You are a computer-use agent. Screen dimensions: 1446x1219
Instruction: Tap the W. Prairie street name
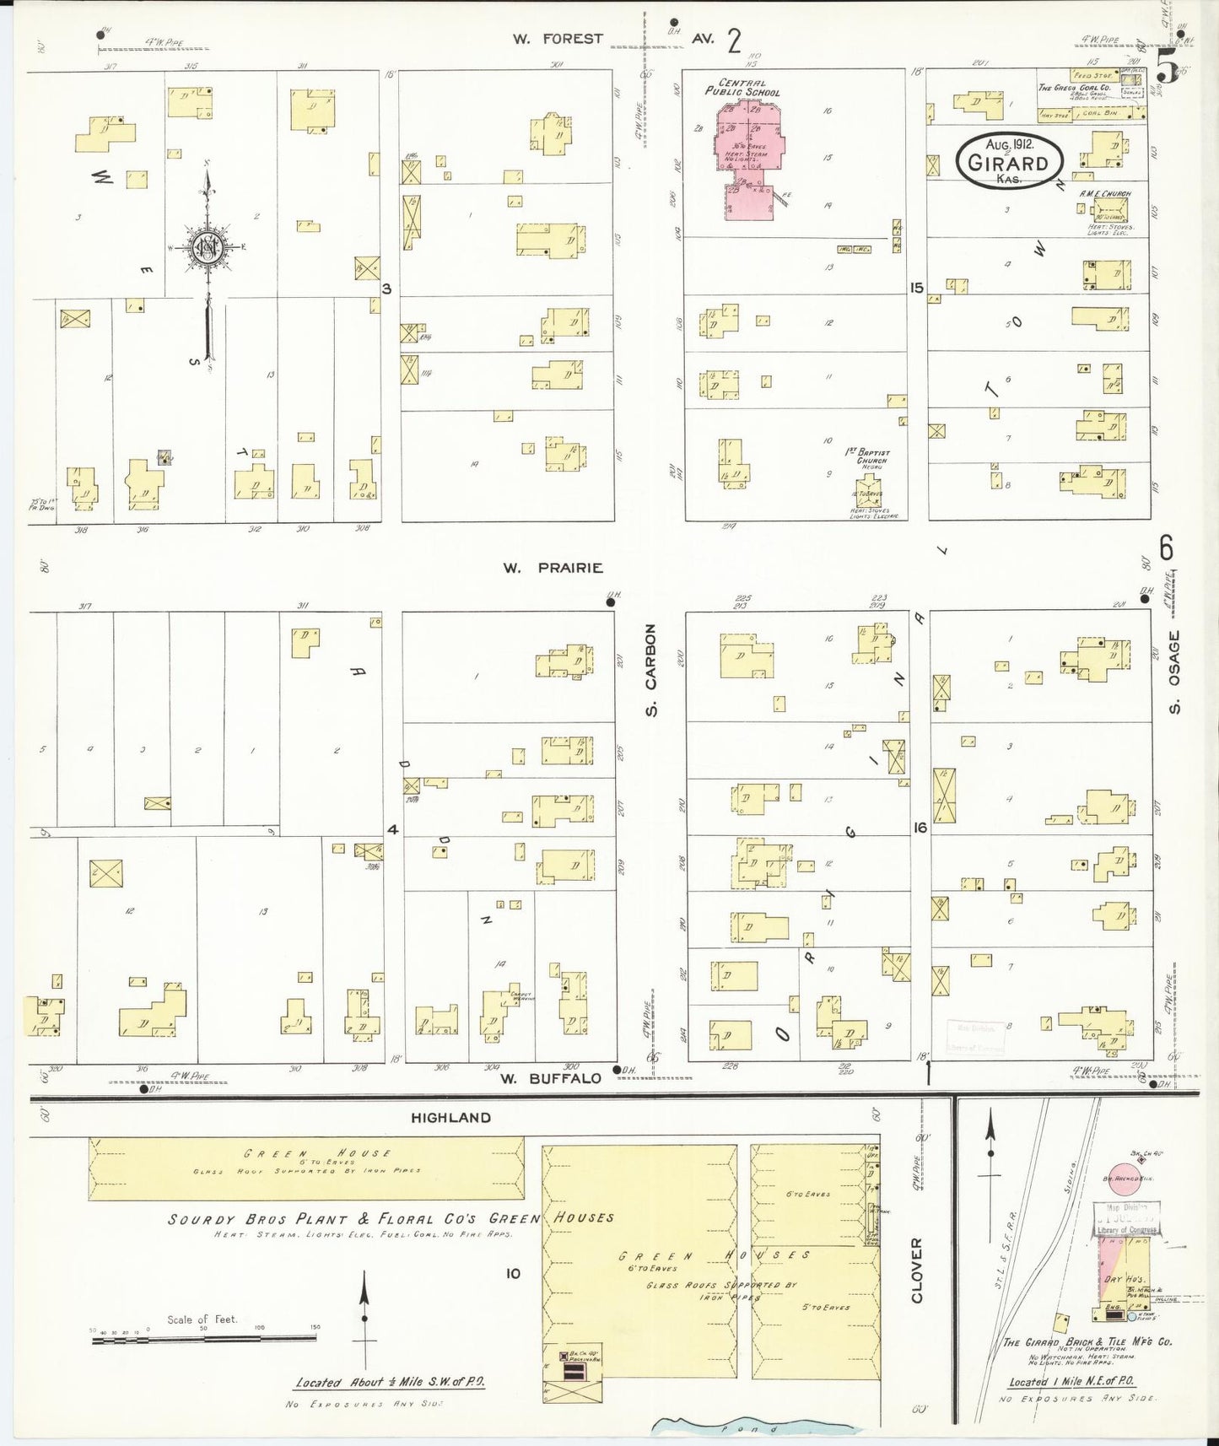pos(553,568)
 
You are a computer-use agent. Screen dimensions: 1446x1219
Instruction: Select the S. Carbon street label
pos(651,671)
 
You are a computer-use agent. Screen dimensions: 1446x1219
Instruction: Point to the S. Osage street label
pos(1173,672)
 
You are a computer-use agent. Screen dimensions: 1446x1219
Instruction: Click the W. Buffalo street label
pos(551,1078)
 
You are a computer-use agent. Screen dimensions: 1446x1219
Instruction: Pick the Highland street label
pos(450,1118)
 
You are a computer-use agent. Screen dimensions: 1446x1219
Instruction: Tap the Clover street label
pos(918,1271)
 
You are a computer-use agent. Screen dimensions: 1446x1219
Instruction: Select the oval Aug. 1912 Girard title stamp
pos(1008,160)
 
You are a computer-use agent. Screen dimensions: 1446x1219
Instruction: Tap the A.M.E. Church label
pos(1104,194)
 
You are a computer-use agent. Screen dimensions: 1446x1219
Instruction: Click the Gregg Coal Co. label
pos(1073,88)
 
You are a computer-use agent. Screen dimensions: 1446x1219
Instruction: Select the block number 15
pos(917,289)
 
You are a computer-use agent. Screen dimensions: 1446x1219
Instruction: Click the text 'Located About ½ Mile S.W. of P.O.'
pos(390,1383)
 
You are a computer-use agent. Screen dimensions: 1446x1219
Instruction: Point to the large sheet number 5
pos(1168,62)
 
